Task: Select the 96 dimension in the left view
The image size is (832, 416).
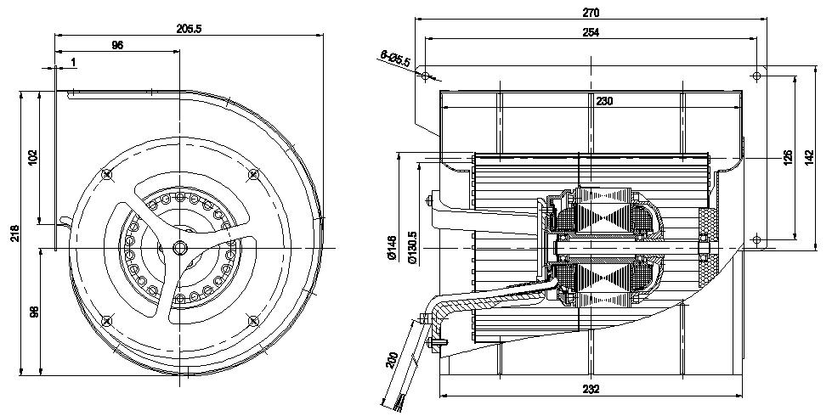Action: pyautogui.click(x=117, y=45)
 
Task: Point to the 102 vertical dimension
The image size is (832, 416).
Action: pyautogui.click(x=33, y=158)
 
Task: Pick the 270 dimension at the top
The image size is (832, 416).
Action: pyautogui.click(x=591, y=13)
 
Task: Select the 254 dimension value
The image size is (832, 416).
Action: pyautogui.click(x=591, y=32)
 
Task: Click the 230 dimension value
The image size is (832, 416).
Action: pyautogui.click(x=604, y=101)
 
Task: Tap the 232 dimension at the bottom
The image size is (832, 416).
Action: pyautogui.click(x=591, y=390)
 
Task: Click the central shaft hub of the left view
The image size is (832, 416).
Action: pyautogui.click(x=180, y=246)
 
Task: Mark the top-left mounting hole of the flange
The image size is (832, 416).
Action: pyautogui.click(x=426, y=76)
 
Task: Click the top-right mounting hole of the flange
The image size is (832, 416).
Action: pyautogui.click(x=756, y=76)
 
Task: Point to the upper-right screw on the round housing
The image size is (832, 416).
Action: pyautogui.click(x=253, y=174)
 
